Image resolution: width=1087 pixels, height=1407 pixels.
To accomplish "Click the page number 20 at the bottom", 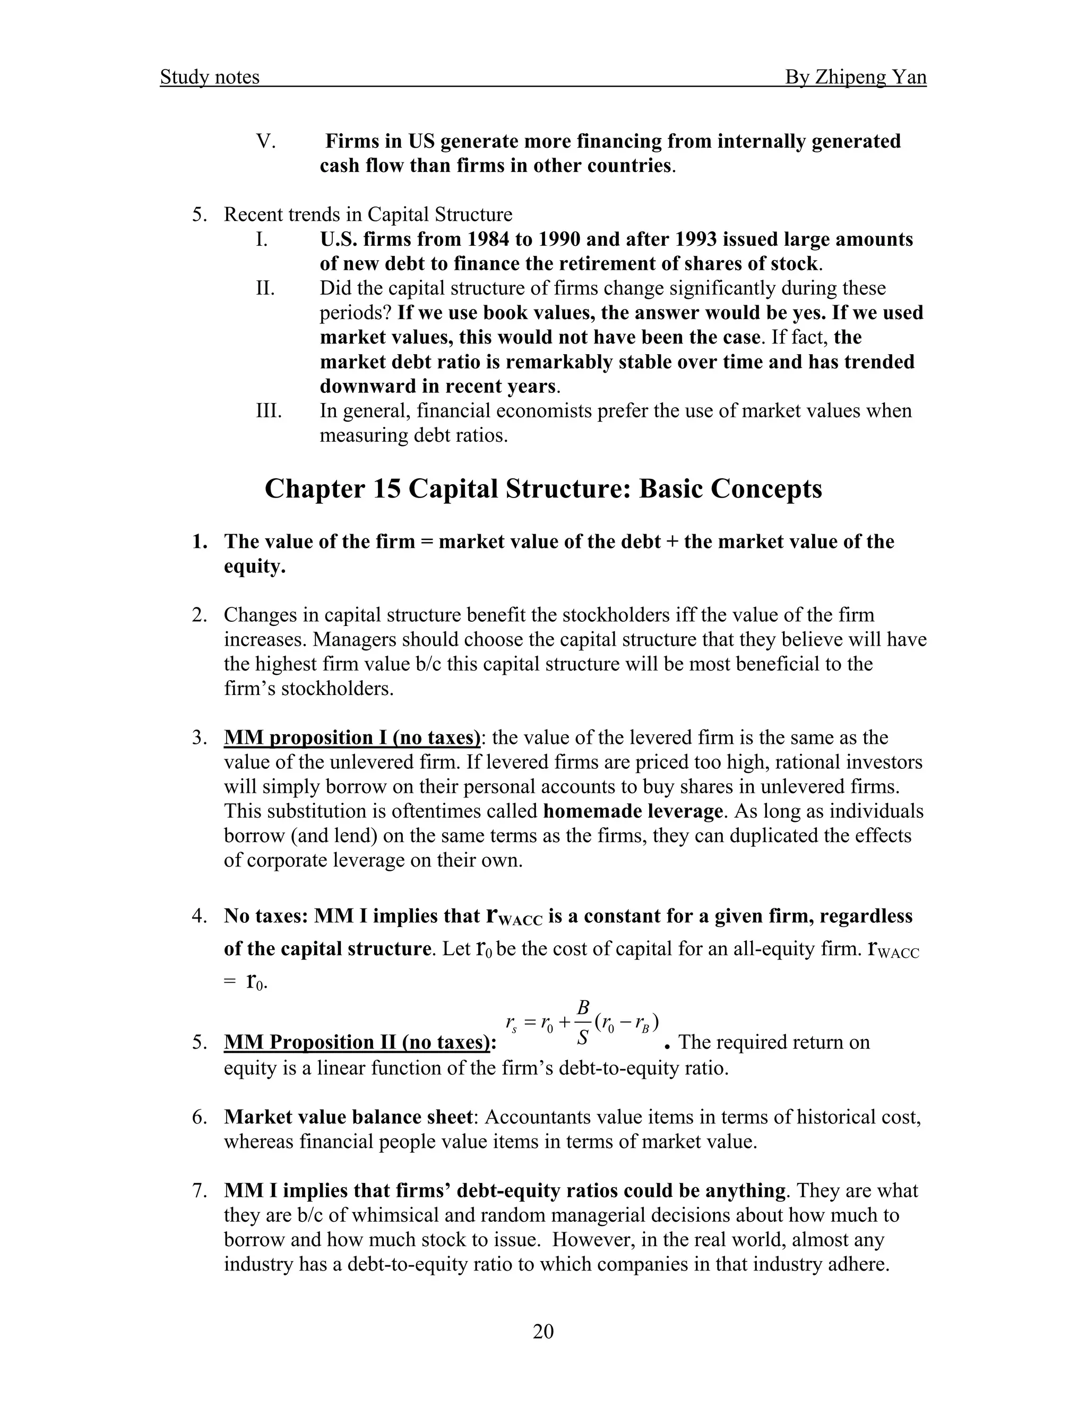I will (x=543, y=1331).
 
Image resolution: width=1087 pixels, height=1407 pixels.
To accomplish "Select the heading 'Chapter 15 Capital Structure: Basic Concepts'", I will (x=543, y=489).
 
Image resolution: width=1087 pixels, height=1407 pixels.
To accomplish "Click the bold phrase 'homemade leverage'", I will (x=632, y=811).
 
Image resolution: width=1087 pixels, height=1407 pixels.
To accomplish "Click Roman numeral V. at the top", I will (x=265, y=141).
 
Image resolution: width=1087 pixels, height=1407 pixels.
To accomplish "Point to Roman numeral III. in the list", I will (x=269, y=410).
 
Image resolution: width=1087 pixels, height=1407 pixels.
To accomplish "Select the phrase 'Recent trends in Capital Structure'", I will (x=368, y=215).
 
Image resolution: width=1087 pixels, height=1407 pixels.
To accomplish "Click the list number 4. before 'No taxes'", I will (x=200, y=916).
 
